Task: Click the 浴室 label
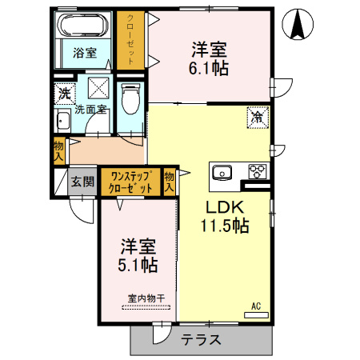point(84,54)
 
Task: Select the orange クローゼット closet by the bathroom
point(126,40)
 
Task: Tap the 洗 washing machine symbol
point(64,93)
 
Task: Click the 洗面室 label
point(90,110)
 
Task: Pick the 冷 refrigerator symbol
point(258,117)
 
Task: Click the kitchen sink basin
point(222,171)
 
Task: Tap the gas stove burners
point(258,170)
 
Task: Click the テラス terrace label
point(201,338)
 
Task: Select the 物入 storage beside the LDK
point(170,181)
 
